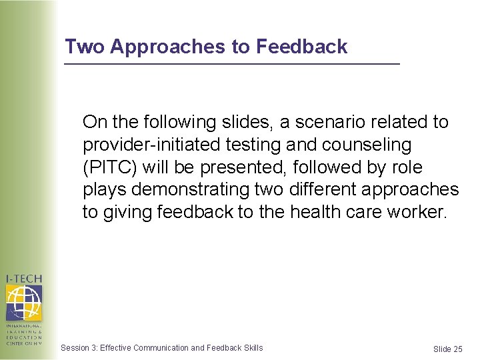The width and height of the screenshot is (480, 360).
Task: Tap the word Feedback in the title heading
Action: click(x=302, y=47)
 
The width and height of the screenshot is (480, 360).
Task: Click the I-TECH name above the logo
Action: click(x=24, y=279)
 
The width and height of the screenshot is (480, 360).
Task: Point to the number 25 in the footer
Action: click(x=457, y=349)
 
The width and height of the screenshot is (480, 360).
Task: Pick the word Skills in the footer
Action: click(x=253, y=348)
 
